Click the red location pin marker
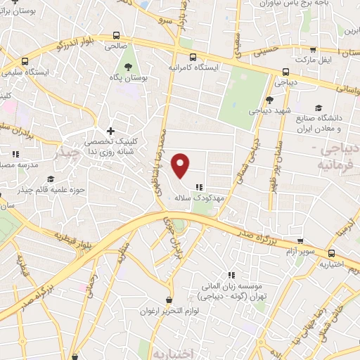point(181,165)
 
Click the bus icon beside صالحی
point(115,36)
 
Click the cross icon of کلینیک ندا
point(110,131)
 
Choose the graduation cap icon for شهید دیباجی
point(270,101)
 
